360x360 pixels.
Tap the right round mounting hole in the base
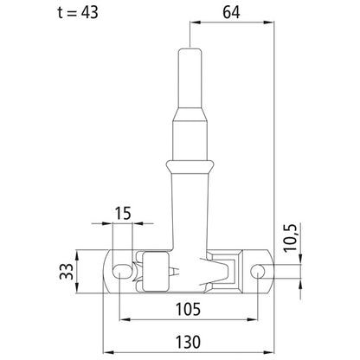point(258,272)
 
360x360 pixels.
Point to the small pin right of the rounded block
point(177,272)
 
